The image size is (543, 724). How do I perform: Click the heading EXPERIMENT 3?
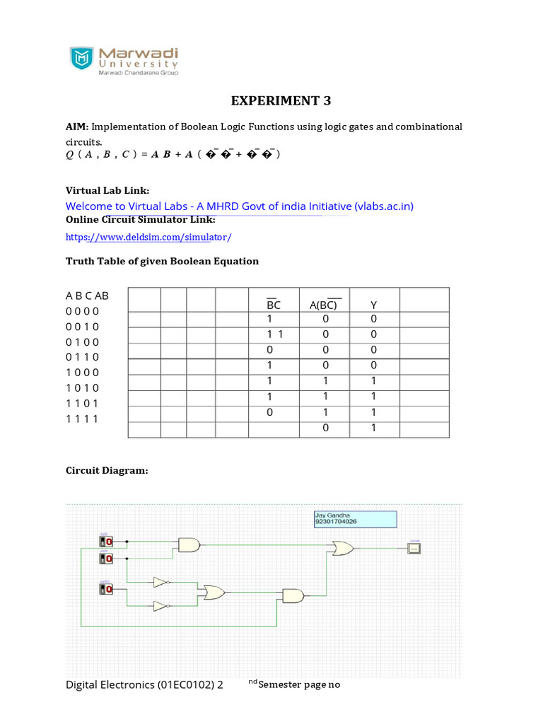coord(281,100)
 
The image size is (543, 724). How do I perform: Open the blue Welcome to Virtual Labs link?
coord(239,206)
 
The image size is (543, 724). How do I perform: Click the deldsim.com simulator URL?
coord(148,237)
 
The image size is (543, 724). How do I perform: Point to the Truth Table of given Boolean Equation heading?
coord(162,261)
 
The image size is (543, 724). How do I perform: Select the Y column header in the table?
coord(373,305)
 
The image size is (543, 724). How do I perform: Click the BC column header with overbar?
coord(274,305)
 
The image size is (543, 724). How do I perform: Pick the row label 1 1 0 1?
coord(83,403)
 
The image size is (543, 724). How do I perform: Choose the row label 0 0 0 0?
coord(83,311)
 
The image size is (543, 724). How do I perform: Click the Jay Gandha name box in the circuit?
coord(355,519)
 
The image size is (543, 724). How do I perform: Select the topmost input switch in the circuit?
coord(106,542)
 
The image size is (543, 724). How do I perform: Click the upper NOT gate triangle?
coord(160,583)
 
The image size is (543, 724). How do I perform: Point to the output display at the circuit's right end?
coord(414,549)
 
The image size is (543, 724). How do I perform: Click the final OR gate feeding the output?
coord(343,548)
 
